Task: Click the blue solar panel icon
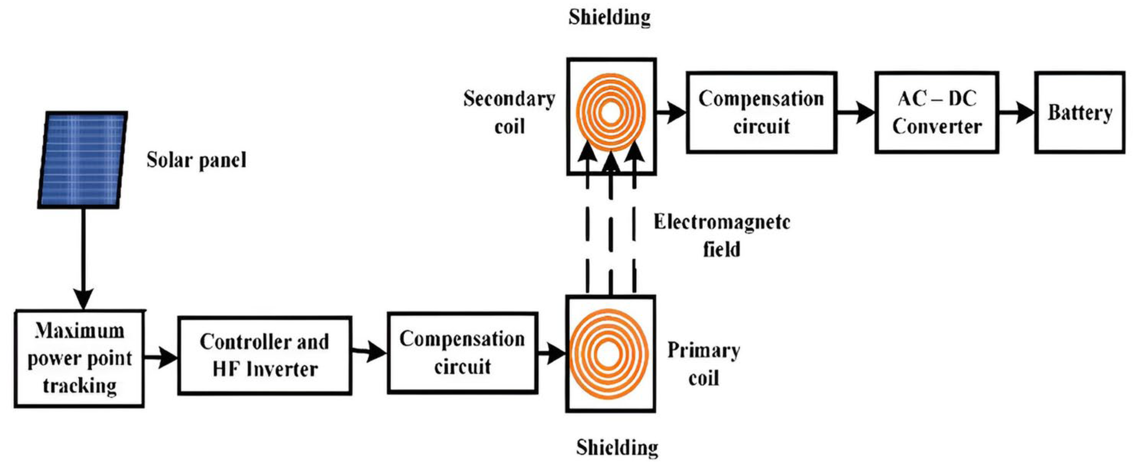point(83,159)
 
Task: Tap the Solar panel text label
point(196,160)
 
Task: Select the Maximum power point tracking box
point(79,358)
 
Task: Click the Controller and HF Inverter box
point(265,355)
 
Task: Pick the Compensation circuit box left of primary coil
point(462,353)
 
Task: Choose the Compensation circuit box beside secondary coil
point(761,113)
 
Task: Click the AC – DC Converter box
point(936,113)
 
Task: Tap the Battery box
point(1080,113)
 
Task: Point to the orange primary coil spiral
point(609,354)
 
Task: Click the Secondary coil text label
point(509,113)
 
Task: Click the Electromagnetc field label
point(722,235)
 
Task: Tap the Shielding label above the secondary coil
point(609,18)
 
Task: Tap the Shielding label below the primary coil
point(617,448)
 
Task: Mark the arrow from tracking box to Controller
point(161,358)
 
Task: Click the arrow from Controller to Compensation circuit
point(370,352)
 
